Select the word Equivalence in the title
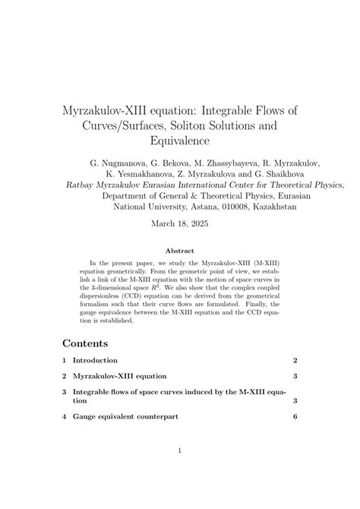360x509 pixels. click(x=180, y=141)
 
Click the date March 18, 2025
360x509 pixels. click(x=180, y=224)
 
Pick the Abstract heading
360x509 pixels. click(x=180, y=251)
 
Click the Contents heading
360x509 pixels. click(x=85, y=343)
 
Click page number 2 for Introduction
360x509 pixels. click(x=295, y=360)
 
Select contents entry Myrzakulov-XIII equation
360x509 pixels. click(x=119, y=376)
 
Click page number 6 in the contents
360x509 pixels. click(x=295, y=417)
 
